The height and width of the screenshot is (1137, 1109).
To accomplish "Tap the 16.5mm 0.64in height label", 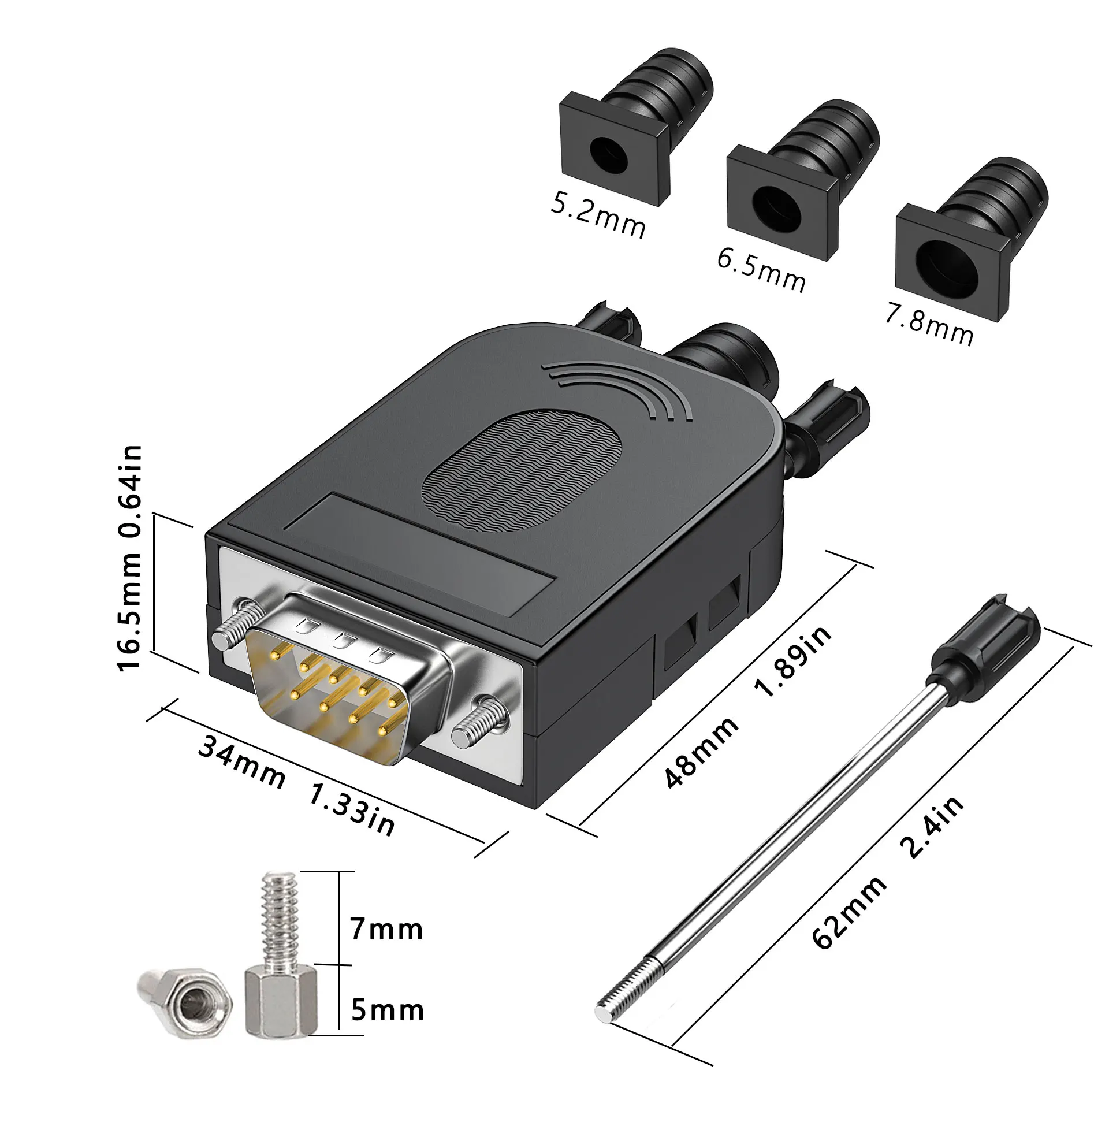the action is [x=129, y=558].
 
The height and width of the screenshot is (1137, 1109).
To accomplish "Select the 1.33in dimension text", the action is [x=351, y=809].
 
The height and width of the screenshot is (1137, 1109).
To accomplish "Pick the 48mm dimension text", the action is [x=701, y=752].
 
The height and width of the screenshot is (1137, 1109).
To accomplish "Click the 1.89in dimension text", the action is [x=793, y=661].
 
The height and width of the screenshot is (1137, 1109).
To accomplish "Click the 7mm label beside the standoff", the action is [x=386, y=929].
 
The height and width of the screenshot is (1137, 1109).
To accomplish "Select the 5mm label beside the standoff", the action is [x=388, y=1010].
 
